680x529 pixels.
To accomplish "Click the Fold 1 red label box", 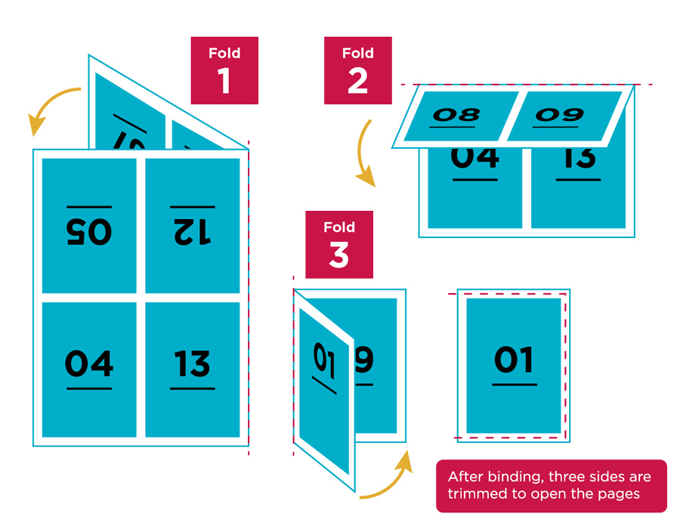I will (x=224, y=70).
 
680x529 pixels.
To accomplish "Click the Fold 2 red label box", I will (x=357, y=70).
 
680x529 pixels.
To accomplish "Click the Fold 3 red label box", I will (x=338, y=244).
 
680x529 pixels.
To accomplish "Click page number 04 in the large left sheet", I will (x=89, y=363).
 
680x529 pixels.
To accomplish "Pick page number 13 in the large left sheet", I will (x=193, y=363).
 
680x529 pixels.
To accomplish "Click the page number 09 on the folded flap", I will (x=559, y=115).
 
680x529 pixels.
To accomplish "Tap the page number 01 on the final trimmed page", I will (x=514, y=360).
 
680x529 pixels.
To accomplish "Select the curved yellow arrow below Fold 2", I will (x=364, y=155).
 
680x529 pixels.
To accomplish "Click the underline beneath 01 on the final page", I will (x=514, y=385).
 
